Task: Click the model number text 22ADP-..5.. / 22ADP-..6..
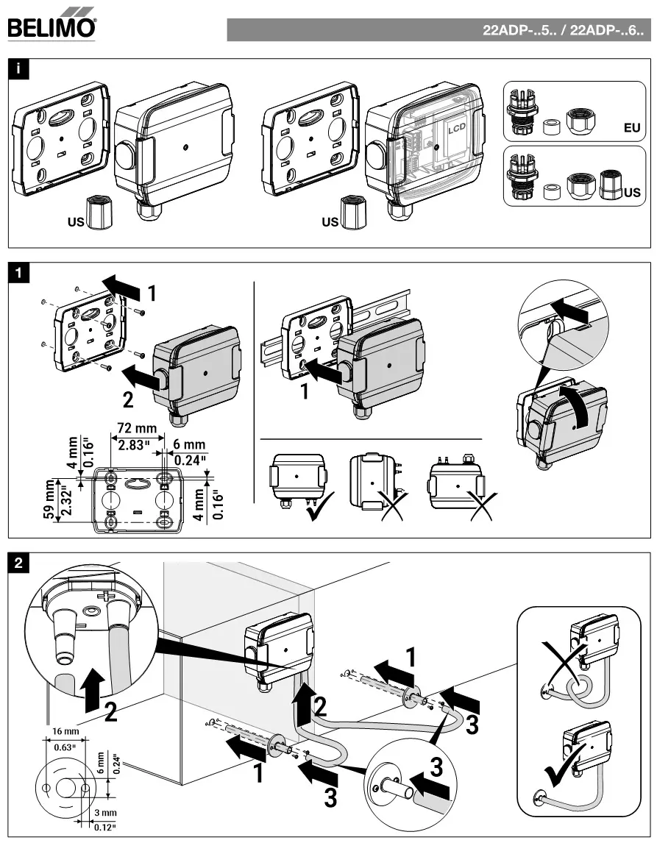tap(562, 31)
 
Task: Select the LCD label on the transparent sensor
tap(458, 127)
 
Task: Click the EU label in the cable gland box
tap(631, 127)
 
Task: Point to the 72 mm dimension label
tap(136, 427)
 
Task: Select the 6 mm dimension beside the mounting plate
tap(189, 444)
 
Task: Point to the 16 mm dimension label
tap(65, 733)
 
